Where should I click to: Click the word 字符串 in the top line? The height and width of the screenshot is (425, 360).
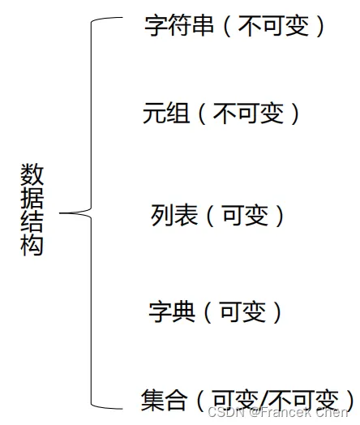tap(179, 26)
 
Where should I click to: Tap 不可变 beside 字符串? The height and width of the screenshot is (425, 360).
tap(273, 26)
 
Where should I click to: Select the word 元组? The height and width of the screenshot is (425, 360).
tap(166, 114)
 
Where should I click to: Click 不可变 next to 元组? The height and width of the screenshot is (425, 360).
tap(249, 114)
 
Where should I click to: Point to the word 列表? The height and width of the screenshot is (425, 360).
tap(174, 215)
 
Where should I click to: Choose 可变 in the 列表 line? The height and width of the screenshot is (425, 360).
tap(246, 215)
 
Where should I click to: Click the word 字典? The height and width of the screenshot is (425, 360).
tap(172, 311)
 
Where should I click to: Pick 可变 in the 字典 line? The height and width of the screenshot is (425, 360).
tap(243, 311)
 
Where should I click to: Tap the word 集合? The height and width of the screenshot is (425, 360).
tap(164, 401)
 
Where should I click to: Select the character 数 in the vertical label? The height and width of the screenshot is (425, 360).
tap(32, 174)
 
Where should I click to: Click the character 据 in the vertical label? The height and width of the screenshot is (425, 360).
tap(32, 197)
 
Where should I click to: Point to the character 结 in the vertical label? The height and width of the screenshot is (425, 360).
tap(32, 221)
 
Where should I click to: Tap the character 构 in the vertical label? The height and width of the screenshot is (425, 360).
tap(32, 244)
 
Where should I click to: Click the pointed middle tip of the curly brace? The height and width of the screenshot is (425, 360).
tap(60, 213)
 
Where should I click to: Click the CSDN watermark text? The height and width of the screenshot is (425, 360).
tap(277, 412)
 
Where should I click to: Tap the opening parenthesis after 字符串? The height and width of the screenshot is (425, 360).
tap(227, 26)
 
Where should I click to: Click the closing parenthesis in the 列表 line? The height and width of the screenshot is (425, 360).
tap(280, 216)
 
